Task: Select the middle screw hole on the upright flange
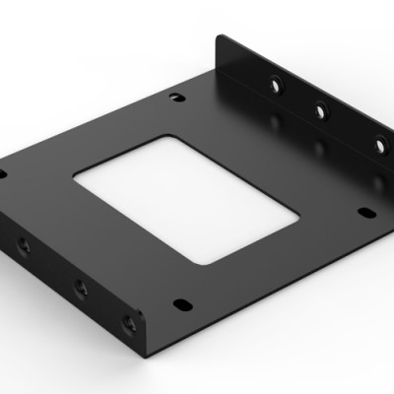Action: pos(319,111)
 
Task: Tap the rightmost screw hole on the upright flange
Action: pos(379,143)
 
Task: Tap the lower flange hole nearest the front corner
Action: pos(128,322)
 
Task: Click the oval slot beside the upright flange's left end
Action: pos(175,97)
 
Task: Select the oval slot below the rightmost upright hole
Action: pos(365,212)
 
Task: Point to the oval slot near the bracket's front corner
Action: pos(182,302)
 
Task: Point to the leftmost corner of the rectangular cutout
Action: pos(74,176)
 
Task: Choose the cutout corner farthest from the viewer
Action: pos(163,134)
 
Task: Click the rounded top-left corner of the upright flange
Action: pos(221,39)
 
